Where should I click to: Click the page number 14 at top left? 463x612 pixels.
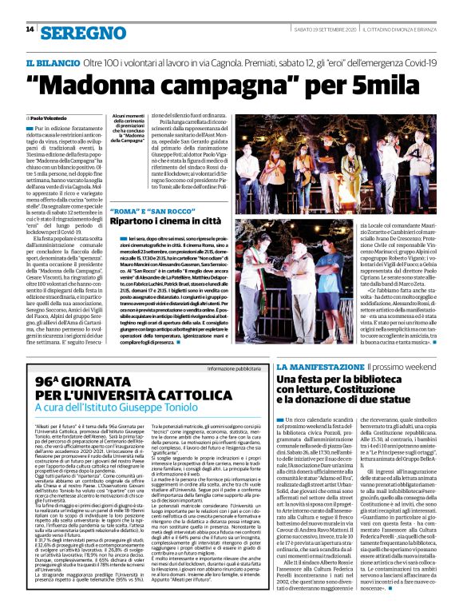click(x=30, y=30)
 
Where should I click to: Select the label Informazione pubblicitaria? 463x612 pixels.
click(x=235, y=368)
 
